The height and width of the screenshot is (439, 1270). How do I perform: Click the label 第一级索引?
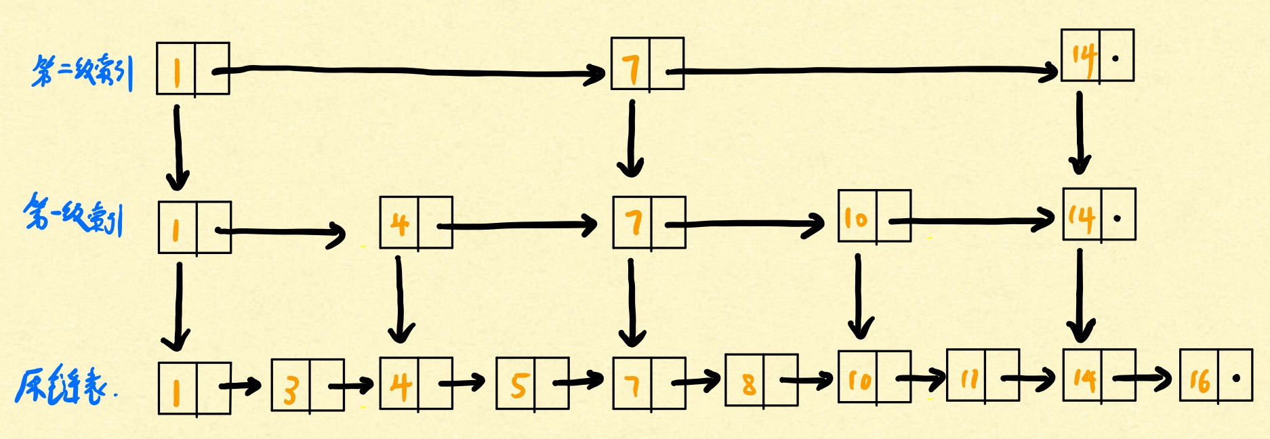[x=73, y=215]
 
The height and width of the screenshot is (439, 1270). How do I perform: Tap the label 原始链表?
[x=64, y=387]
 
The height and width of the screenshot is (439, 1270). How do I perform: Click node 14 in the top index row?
[x=1097, y=56]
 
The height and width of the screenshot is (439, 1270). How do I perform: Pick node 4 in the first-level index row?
[x=415, y=223]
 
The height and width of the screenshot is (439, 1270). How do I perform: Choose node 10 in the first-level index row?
[x=874, y=217]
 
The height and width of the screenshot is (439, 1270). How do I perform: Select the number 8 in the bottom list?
[x=748, y=383]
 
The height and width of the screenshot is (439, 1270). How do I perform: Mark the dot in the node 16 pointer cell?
[x=1236, y=378]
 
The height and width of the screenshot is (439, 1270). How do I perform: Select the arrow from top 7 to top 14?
[x=861, y=70]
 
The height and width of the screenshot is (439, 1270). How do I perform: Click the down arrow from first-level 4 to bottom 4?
[x=400, y=298]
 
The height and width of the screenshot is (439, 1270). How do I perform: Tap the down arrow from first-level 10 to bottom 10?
[x=859, y=295]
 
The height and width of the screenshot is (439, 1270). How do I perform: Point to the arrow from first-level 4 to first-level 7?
[x=518, y=226]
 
